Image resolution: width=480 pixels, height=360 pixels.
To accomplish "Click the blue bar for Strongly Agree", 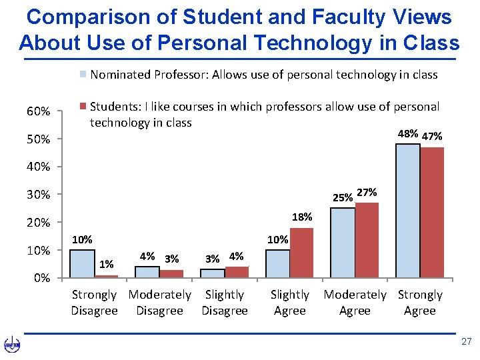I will point(408,211).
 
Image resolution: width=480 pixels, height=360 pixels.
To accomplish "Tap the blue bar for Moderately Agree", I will point(343,243).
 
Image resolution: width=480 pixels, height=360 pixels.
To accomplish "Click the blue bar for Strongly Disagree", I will point(82,263).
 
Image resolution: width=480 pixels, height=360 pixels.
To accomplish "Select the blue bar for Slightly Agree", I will point(277,263).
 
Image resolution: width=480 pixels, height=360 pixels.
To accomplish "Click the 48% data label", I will point(407,134).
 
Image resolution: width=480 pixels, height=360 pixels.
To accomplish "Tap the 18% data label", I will point(302,217).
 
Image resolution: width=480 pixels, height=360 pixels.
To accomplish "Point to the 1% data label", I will point(106,265).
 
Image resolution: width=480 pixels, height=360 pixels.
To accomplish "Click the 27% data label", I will point(367,193).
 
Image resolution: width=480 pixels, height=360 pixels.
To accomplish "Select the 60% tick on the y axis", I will point(38,111).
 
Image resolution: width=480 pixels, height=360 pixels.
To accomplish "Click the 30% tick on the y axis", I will point(38,195).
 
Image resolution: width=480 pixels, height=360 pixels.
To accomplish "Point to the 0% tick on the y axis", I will point(41,279).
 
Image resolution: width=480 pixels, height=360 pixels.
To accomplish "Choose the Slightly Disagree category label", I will point(225,303).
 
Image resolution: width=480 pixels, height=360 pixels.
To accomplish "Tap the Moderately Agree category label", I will point(355,303).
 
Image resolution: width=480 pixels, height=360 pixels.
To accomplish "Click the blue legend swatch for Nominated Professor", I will point(83,75).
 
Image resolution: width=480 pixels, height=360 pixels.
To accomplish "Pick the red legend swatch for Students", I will point(83,107).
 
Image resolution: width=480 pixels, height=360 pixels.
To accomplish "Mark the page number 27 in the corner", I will point(466,341).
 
